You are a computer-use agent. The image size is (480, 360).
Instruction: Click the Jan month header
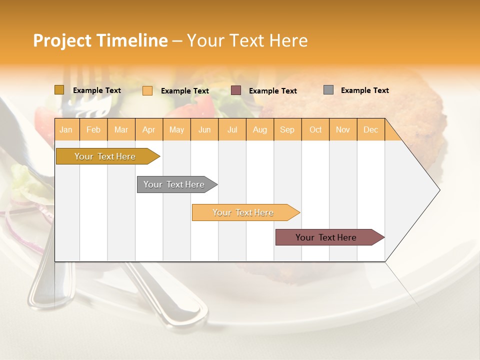pos(66,129)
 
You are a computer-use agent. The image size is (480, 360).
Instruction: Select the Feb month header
pos(93,129)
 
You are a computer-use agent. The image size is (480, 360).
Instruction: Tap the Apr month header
pos(148,129)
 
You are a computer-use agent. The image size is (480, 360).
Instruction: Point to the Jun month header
pos(204,129)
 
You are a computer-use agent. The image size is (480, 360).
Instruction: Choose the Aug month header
pos(259,129)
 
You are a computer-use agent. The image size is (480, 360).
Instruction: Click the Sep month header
pos(287,129)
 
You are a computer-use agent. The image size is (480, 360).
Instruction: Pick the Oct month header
pos(315,129)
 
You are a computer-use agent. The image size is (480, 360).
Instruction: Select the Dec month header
pos(370,129)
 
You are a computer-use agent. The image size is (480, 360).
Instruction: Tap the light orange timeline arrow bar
pos(243,212)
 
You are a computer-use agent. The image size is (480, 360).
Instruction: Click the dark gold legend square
pos(59,90)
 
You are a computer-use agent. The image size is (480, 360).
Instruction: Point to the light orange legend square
pos(147,90)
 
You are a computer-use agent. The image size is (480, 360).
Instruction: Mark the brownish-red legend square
pos(236,90)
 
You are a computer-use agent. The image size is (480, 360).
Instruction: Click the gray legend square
pos(328,90)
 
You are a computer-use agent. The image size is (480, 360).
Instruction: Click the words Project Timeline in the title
pos(100,40)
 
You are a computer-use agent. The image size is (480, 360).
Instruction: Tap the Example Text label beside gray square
pos(364,90)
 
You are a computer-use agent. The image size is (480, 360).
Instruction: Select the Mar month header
pos(121,129)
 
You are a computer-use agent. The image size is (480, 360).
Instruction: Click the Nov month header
pos(342,129)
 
